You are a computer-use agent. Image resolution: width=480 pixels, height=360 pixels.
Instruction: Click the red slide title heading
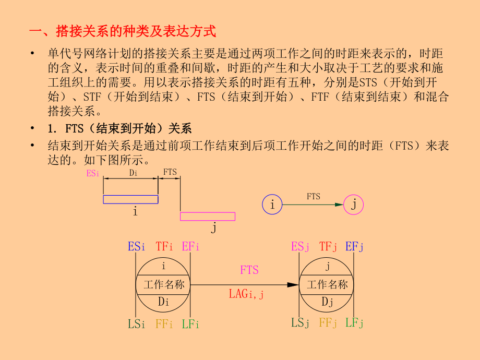coord(122,31)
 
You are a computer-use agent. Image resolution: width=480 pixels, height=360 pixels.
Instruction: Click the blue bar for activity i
coord(130,199)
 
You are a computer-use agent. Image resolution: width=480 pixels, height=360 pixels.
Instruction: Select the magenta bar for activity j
coord(208,217)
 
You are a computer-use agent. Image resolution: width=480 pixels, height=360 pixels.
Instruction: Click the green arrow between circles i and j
coord(313,205)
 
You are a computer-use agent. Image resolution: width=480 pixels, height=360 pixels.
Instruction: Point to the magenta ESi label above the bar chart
coord(93,173)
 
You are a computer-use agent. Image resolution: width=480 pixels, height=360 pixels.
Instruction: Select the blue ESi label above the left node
coord(137,247)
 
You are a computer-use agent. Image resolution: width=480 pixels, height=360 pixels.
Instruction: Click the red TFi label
coord(164,247)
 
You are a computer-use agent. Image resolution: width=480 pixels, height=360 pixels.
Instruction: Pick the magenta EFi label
coord(191,247)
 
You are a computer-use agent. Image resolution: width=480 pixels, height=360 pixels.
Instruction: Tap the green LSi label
coord(137,324)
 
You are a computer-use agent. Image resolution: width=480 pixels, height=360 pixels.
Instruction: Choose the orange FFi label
coord(164,324)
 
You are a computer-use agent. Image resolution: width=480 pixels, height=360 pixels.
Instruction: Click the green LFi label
coord(191,324)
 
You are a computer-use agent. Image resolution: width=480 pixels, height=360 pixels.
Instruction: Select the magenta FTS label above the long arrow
coord(249,270)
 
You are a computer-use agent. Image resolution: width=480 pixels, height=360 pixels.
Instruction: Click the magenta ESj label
coord(300,247)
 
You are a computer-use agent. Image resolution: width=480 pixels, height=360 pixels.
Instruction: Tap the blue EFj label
coord(354,247)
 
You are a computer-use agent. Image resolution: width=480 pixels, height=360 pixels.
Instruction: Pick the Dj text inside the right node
coord(327,302)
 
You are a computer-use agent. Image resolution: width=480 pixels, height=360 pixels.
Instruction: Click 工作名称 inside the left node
coord(164,285)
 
